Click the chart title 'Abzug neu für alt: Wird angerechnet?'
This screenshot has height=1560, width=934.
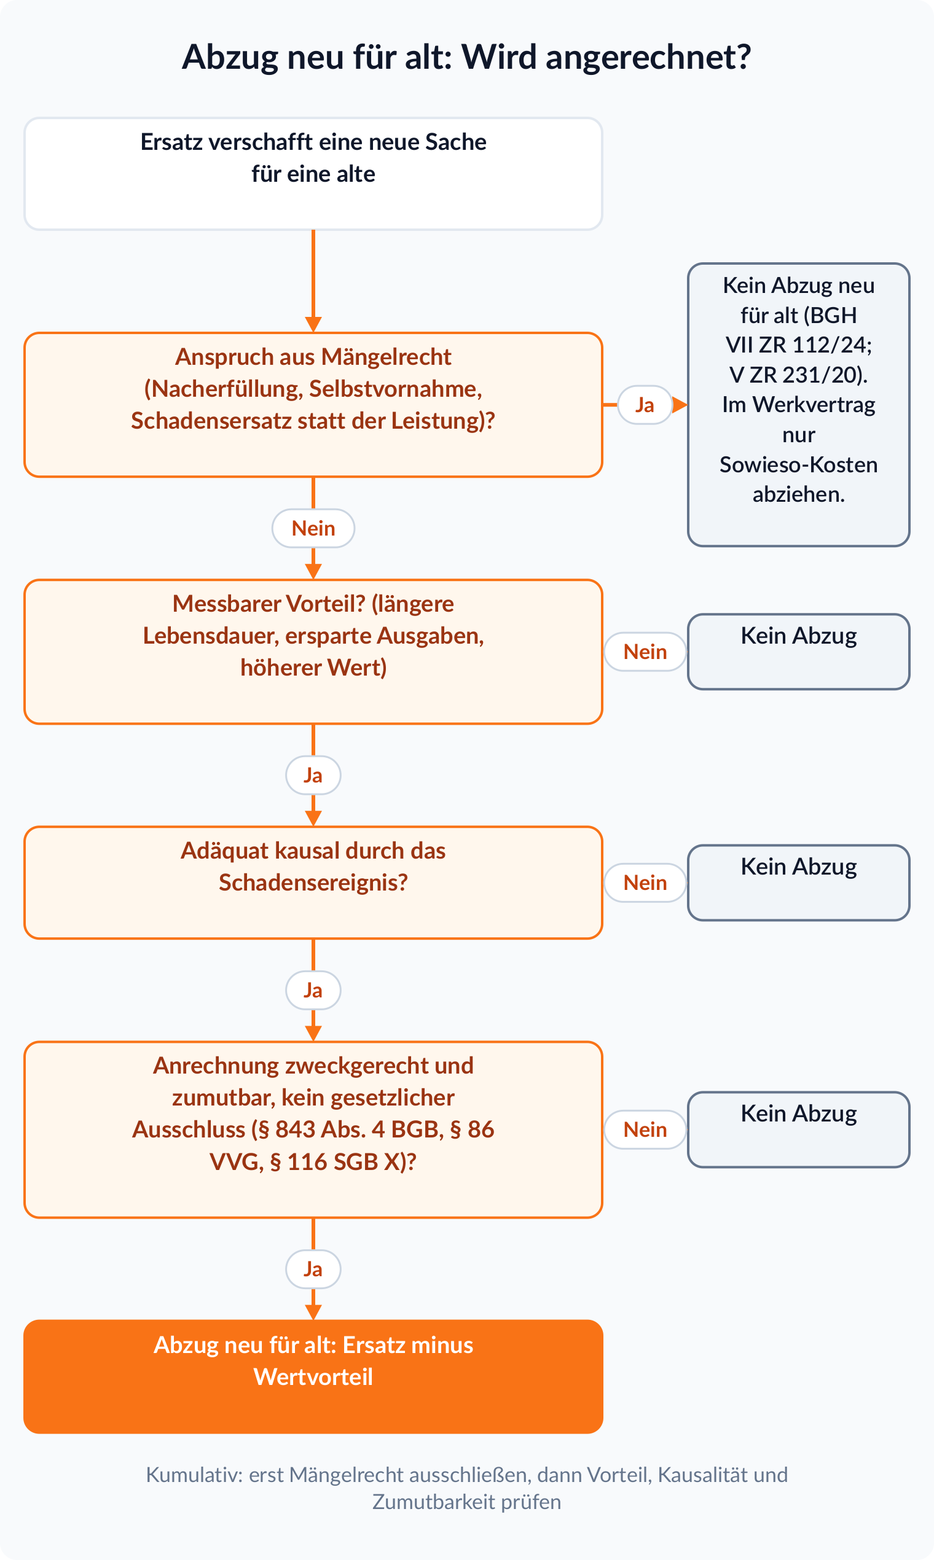466,57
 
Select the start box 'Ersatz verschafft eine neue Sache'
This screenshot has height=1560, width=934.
313,174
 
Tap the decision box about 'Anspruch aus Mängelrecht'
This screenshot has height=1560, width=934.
313,405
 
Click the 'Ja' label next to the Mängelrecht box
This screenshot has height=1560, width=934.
645,405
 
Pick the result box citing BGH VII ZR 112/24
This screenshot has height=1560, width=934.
799,405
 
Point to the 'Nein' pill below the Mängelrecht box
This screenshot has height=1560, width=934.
313,528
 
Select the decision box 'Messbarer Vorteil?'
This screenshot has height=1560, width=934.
313,652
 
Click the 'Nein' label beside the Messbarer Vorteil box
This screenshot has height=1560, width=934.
645,652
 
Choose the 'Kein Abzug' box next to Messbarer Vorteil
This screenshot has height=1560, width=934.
799,652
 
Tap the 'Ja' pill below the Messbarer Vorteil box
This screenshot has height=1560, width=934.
313,775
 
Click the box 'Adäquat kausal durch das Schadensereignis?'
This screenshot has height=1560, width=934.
313,883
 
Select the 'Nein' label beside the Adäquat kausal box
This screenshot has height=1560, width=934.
645,883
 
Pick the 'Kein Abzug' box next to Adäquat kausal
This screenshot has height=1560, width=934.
799,883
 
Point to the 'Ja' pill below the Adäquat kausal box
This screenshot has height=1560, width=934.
313,990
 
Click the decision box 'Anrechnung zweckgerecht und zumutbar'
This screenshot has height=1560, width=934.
313,1129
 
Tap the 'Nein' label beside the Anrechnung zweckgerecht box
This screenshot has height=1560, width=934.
645,1129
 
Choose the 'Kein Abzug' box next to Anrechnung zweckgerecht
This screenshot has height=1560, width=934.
799,1129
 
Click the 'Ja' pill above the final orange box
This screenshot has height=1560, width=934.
313,1269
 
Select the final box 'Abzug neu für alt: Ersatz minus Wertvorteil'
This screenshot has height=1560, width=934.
313,1376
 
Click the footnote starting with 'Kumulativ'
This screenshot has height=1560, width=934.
466,1488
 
